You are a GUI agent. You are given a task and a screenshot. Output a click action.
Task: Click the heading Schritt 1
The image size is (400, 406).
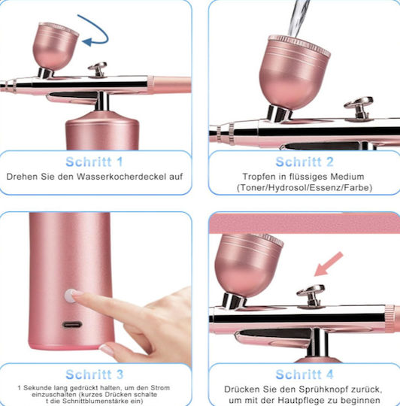point(94,162)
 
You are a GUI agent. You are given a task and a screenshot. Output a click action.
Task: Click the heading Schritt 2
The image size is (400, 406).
point(305,162)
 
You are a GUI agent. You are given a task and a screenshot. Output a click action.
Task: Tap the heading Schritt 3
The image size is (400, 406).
point(94,374)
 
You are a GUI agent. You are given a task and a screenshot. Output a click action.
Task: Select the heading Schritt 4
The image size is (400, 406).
point(305,374)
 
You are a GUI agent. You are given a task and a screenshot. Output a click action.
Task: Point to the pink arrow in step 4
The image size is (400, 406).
point(329,264)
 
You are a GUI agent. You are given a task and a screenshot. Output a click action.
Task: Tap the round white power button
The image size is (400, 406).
point(69,296)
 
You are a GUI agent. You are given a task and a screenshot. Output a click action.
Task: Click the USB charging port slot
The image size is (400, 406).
point(72,324)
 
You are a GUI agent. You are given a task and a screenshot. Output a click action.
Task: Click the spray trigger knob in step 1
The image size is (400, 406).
point(98,69)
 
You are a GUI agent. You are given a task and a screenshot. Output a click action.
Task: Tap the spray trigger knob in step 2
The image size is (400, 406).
point(359,108)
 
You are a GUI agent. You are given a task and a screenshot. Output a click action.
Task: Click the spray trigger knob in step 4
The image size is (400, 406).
point(311,295)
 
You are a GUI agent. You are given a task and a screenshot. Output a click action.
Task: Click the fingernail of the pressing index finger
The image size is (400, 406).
point(77,293)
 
